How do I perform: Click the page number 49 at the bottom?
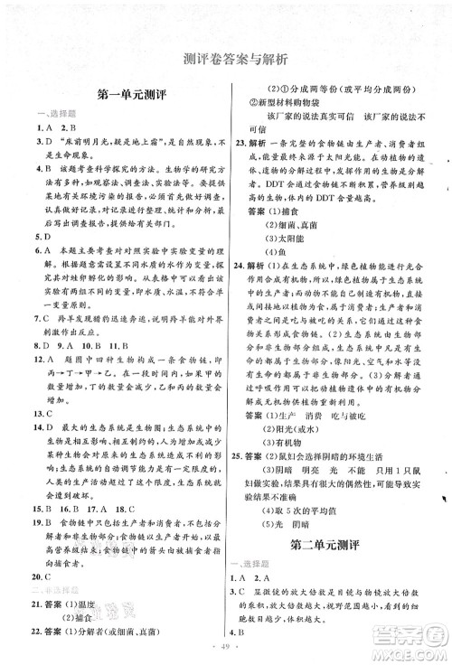point(226,648)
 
